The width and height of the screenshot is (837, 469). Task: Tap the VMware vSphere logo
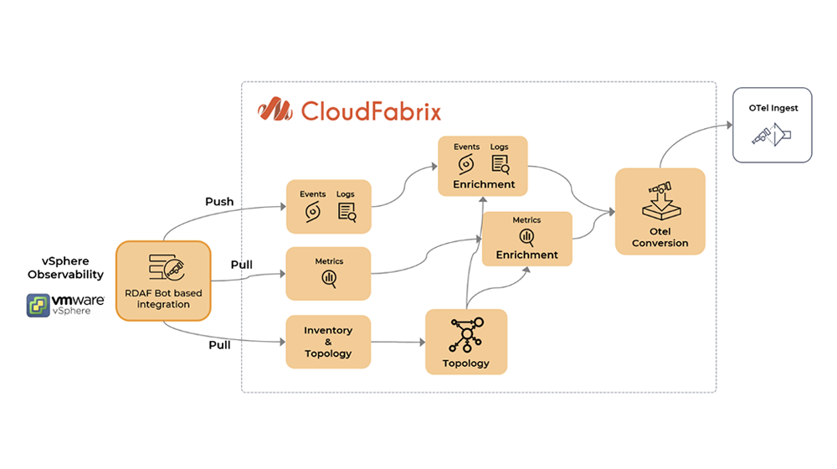pos(65,304)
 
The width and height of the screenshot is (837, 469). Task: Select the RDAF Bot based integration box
pos(163,281)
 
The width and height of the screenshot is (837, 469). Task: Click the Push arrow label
pos(219,202)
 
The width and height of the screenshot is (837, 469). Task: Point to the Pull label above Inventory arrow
pos(219,343)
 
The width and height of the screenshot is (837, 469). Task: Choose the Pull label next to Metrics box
pos(242,265)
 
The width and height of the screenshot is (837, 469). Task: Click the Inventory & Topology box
pos(328,342)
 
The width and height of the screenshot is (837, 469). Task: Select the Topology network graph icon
pos(466,336)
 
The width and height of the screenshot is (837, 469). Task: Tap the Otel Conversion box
pos(660,211)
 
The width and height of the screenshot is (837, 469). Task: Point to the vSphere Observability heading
pos(65,268)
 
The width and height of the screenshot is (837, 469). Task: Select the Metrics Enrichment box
pos(526,239)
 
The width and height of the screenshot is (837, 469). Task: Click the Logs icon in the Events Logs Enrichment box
pos(500,164)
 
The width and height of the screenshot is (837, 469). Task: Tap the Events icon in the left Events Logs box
pos(312,212)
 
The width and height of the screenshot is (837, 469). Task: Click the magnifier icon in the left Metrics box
pos(328,279)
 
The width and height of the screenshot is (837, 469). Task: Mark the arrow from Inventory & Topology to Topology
pos(398,342)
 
